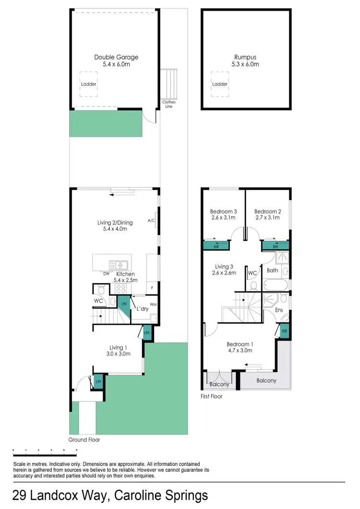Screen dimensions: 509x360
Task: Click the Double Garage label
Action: tap(116, 58)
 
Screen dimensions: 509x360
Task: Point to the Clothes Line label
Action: tap(169, 104)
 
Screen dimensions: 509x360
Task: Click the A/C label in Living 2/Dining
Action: tap(151, 221)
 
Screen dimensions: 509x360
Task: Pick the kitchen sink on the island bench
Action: tap(118, 265)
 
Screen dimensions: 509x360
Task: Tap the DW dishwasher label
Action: tap(106, 274)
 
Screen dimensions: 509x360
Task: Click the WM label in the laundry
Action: tap(153, 305)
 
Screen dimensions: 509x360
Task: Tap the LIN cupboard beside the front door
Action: tap(98, 381)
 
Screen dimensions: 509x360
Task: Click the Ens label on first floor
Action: tap(279, 310)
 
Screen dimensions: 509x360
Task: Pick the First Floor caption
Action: tap(212, 397)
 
